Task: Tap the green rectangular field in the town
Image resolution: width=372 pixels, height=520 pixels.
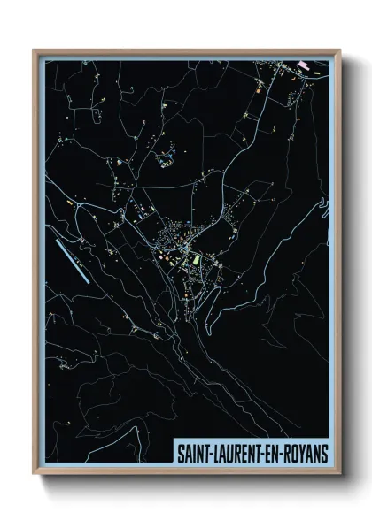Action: point(197,261)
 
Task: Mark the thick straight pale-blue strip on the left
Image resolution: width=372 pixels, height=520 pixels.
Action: point(71,260)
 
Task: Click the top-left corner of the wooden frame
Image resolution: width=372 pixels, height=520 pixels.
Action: point(34,50)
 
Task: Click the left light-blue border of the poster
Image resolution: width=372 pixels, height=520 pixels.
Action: point(40,265)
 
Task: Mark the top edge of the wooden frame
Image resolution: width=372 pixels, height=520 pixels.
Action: point(186,50)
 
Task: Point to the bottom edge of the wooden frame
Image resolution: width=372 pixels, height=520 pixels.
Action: point(186,473)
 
